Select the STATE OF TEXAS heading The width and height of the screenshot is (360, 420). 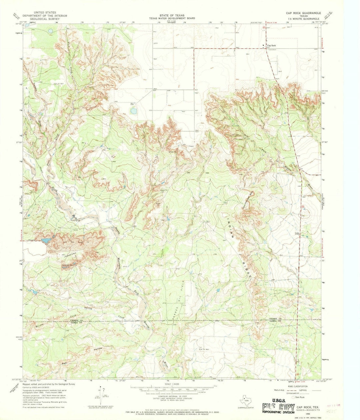coord(172,15)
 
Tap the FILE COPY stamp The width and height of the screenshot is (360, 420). coord(278,407)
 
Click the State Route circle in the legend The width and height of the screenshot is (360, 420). coord(293,397)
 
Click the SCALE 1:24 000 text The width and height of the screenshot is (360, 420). coord(172,384)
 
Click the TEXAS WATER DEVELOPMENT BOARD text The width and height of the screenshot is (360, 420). coord(172,19)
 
